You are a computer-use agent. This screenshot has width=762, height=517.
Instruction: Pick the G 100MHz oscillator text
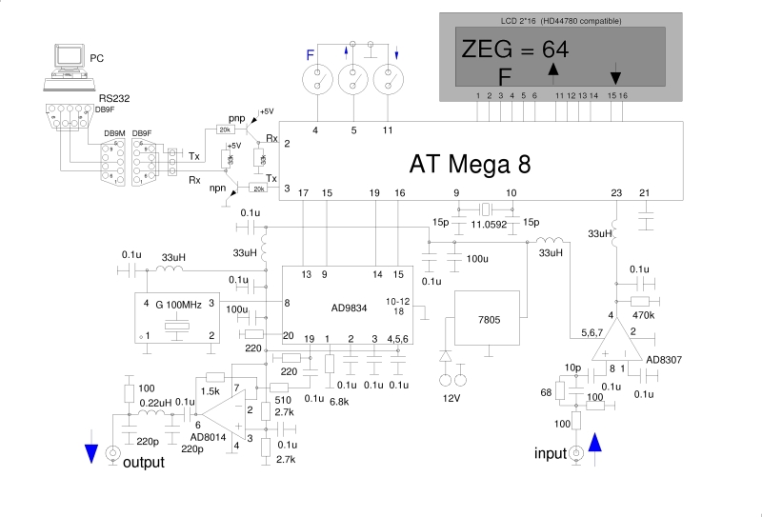(x=178, y=305)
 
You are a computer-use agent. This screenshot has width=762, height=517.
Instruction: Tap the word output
(x=145, y=463)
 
